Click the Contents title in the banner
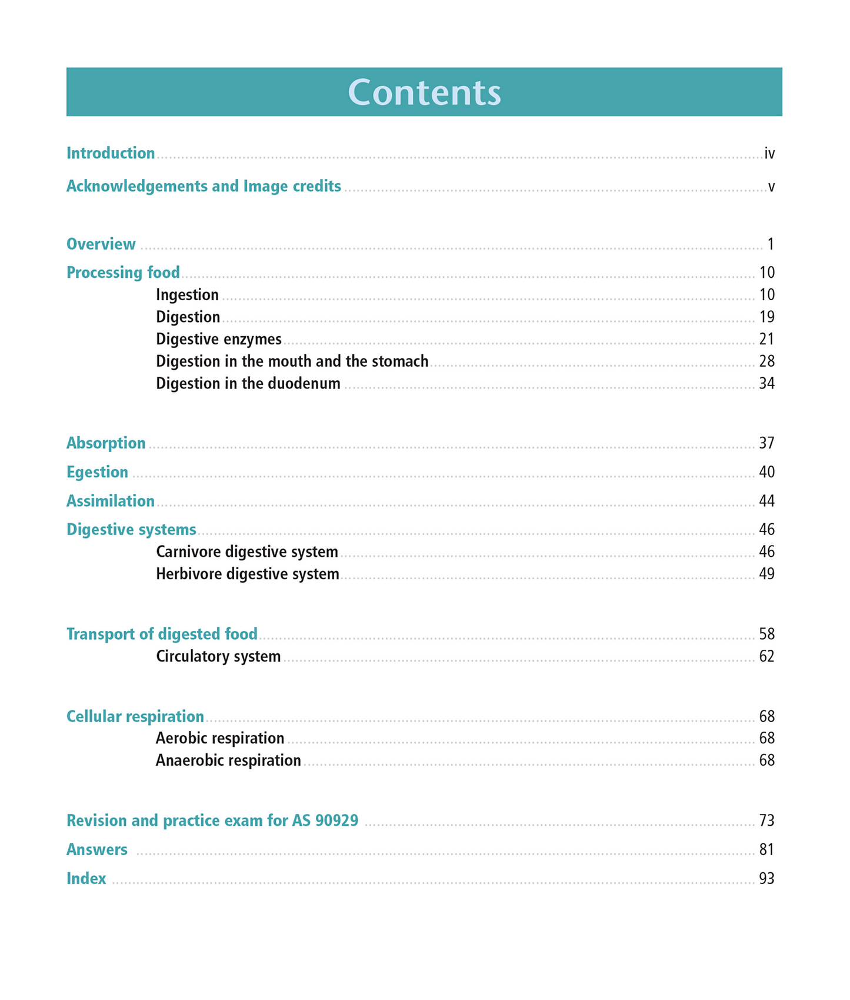point(424,92)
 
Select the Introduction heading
point(111,154)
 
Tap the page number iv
point(769,154)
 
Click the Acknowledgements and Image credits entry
point(204,187)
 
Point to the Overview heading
point(101,244)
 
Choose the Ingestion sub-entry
point(187,295)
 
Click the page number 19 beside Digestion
point(766,317)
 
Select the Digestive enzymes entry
point(218,340)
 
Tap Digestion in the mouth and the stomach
point(292,361)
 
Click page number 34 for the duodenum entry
point(766,384)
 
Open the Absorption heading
point(106,443)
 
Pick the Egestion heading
point(97,472)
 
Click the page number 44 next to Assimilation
point(766,501)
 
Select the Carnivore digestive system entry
point(246,552)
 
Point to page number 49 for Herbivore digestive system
point(766,574)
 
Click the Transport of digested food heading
point(162,634)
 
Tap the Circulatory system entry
point(218,656)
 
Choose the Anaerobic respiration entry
point(228,760)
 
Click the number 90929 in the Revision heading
point(336,820)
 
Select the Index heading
point(86,879)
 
